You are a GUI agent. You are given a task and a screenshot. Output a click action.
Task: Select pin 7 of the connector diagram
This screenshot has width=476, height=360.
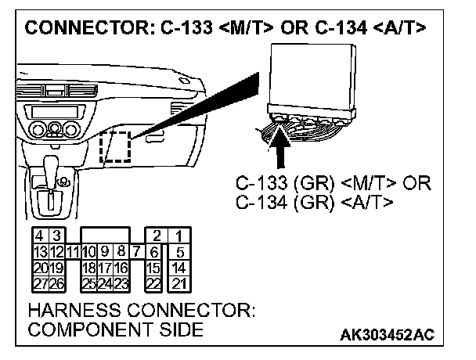click(x=136, y=251)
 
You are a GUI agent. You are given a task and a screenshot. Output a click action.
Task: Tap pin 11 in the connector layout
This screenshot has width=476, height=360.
click(x=72, y=251)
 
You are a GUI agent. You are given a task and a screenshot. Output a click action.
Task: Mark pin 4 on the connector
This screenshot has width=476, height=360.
click(x=38, y=236)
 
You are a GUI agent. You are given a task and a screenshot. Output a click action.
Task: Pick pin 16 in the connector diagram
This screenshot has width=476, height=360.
click(x=122, y=267)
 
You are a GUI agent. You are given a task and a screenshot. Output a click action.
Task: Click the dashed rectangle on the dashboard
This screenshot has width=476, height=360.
click(x=115, y=146)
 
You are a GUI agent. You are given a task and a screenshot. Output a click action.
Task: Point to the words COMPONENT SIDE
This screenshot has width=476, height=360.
click(x=114, y=329)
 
